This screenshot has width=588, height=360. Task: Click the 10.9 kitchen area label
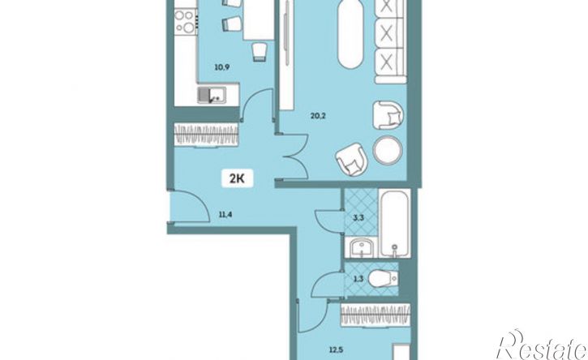click(x=221, y=67)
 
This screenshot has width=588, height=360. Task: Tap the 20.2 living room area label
click(x=318, y=116)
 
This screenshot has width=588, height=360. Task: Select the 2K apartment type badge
click(x=237, y=178)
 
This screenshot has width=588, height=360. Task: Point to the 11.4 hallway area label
click(x=225, y=215)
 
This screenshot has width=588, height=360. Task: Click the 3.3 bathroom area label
click(x=358, y=217)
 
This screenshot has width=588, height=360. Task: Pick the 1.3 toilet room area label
click(x=358, y=278)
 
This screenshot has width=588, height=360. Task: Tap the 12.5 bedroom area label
click(x=337, y=350)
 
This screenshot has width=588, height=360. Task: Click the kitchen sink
click(x=212, y=95)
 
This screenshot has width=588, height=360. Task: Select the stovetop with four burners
click(x=186, y=22)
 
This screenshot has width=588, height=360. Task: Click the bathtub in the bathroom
click(x=394, y=223)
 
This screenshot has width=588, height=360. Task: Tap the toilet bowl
click(x=383, y=279)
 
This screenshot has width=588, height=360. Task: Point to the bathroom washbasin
click(x=361, y=247)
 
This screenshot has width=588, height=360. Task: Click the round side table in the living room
click(x=388, y=150)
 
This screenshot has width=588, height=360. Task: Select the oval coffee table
click(x=350, y=35)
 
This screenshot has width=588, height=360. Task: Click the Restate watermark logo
click(x=541, y=345)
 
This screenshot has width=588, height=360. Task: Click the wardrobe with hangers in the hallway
click(x=206, y=134)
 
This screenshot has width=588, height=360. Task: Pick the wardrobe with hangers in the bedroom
click(x=376, y=315)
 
